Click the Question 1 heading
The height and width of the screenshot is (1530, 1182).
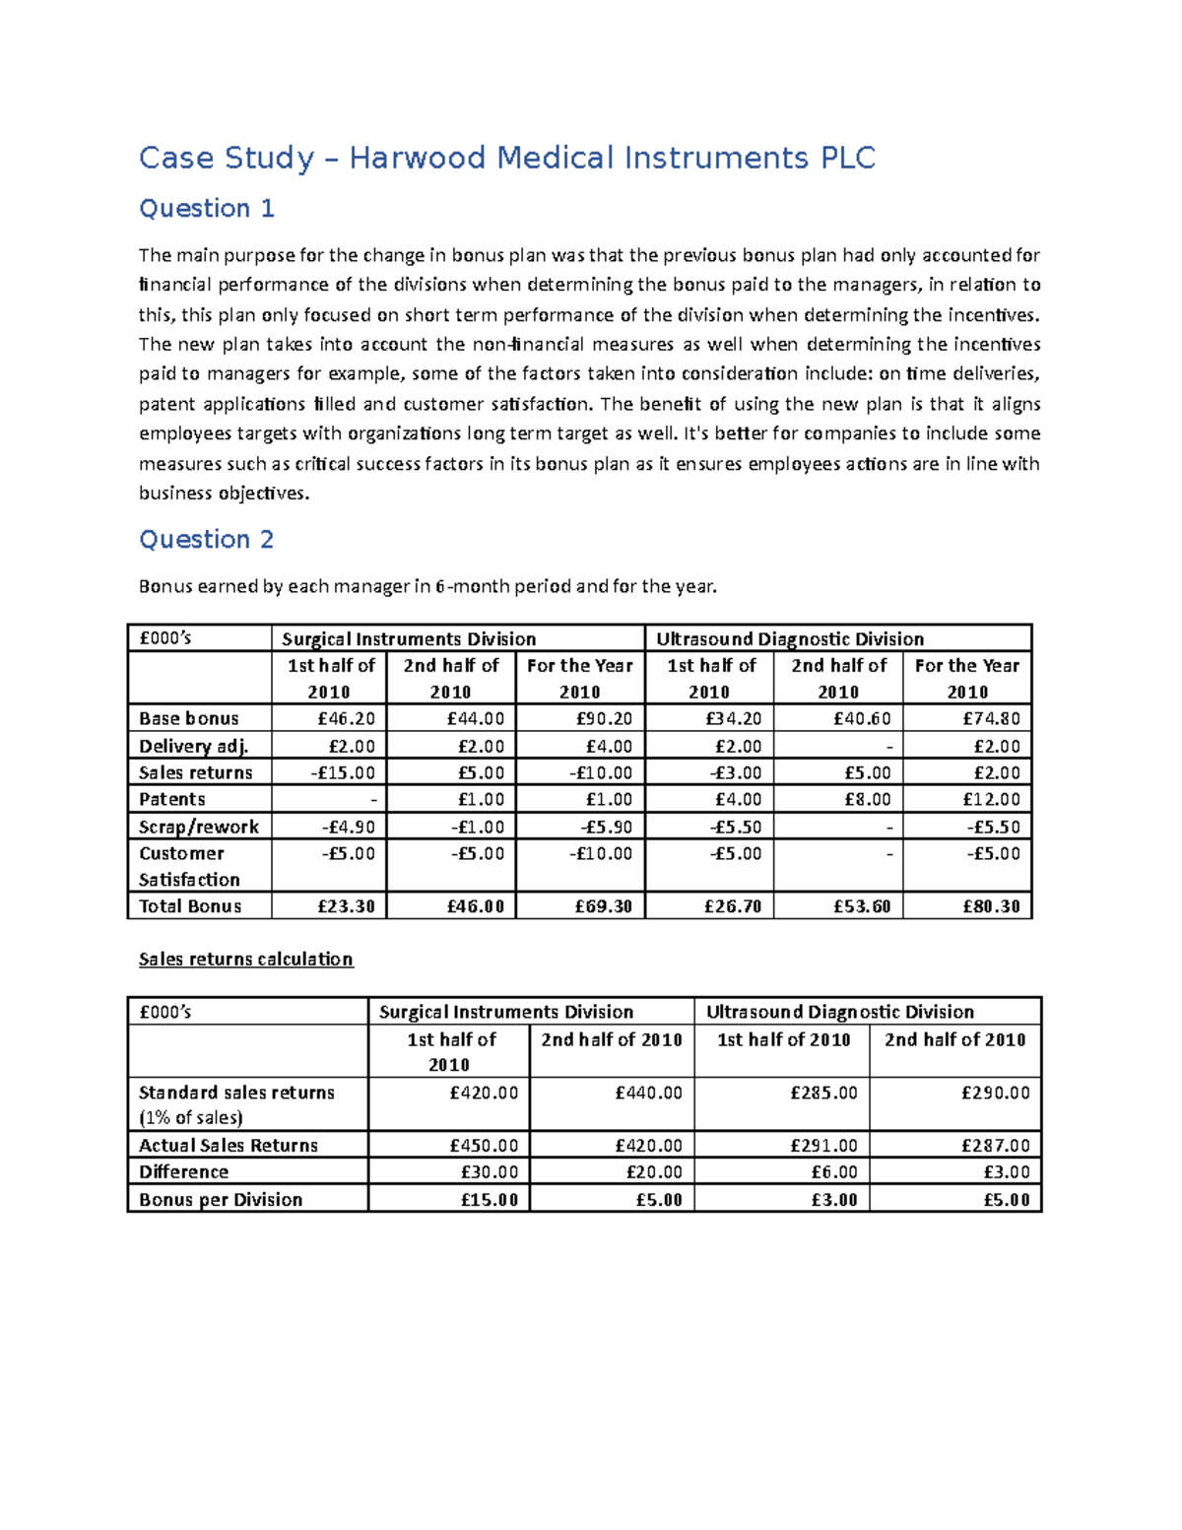[206, 209]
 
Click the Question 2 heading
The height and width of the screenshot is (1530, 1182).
[206, 540]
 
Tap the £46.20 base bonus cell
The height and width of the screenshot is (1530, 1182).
[346, 719]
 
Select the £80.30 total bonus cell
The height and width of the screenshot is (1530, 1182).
[991, 906]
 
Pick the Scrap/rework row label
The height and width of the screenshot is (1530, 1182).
[198, 827]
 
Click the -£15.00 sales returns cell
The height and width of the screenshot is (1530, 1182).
[343, 773]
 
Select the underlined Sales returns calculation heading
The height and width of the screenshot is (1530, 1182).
[245, 960]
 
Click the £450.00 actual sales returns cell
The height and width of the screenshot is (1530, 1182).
[483, 1146]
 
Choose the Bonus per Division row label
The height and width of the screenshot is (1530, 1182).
[221, 1200]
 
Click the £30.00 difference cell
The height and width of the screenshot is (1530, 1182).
[489, 1172]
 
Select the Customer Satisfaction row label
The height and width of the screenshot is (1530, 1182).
[189, 867]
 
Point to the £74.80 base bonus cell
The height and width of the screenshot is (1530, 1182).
[991, 719]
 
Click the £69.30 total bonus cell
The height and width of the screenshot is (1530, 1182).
[603, 906]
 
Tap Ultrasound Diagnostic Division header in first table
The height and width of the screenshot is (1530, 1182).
[790, 639]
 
